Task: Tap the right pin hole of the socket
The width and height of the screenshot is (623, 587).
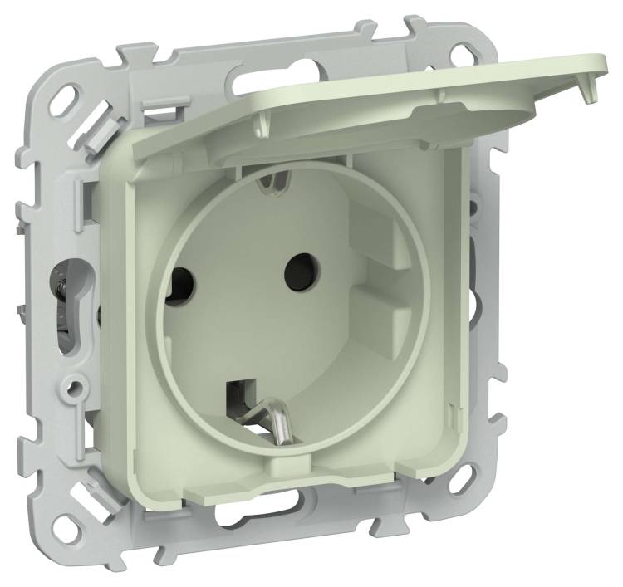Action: click(x=297, y=269)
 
